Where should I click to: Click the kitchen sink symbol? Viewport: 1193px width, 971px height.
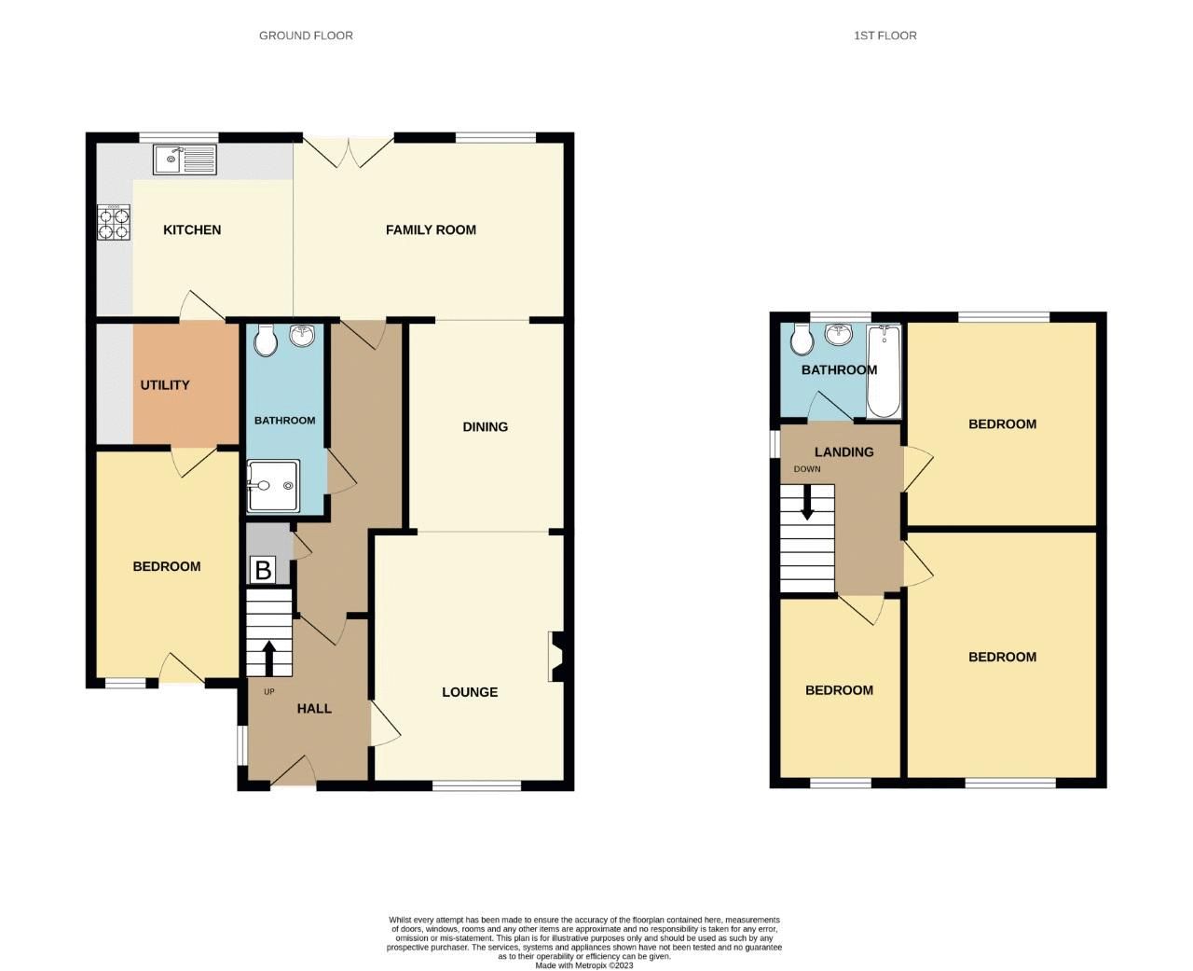tap(185, 160)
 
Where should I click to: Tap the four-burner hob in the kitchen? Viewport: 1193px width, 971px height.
tap(113, 224)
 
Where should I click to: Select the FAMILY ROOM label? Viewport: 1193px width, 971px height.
tap(431, 229)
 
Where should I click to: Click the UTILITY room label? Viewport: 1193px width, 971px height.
tap(165, 384)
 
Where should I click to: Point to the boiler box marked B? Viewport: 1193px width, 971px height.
tap(263, 570)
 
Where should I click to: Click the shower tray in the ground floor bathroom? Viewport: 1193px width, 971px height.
tap(273, 485)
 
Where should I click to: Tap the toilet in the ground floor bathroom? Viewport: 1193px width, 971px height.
tap(266, 340)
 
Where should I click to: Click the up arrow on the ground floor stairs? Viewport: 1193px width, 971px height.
tap(269, 657)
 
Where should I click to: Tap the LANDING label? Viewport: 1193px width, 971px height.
tap(843, 451)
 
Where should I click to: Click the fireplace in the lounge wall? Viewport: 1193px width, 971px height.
tap(555, 657)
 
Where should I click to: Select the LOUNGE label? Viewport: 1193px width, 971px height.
tap(470, 692)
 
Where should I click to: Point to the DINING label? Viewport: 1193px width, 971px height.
tap(486, 426)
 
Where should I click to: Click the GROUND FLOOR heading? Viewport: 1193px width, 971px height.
tap(306, 35)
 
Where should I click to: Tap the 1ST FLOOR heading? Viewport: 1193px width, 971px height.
tap(884, 35)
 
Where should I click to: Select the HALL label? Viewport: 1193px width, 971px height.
tap(314, 708)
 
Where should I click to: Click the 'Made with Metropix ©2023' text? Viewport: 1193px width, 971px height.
tap(584, 965)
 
